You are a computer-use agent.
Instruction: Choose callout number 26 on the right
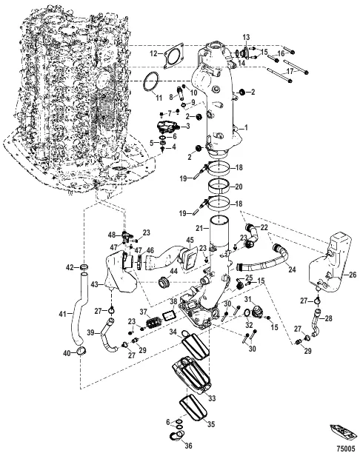pos(350,275)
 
